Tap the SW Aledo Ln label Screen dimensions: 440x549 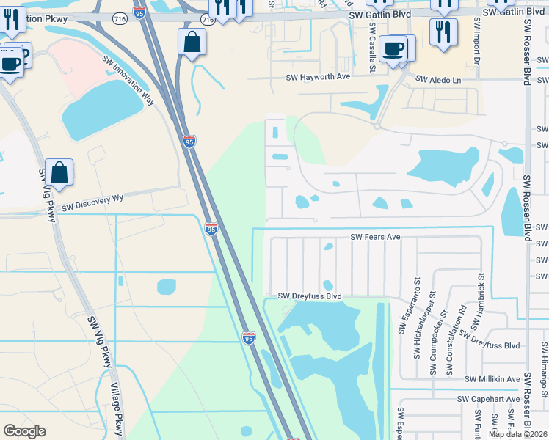(x=439, y=79)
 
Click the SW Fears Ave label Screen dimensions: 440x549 (x=375, y=237)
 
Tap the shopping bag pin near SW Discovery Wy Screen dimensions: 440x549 (x=59, y=173)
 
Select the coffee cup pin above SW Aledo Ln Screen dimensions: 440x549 (x=393, y=48)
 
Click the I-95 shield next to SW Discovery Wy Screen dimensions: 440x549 (x=211, y=229)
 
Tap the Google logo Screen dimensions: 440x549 (x=24, y=431)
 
